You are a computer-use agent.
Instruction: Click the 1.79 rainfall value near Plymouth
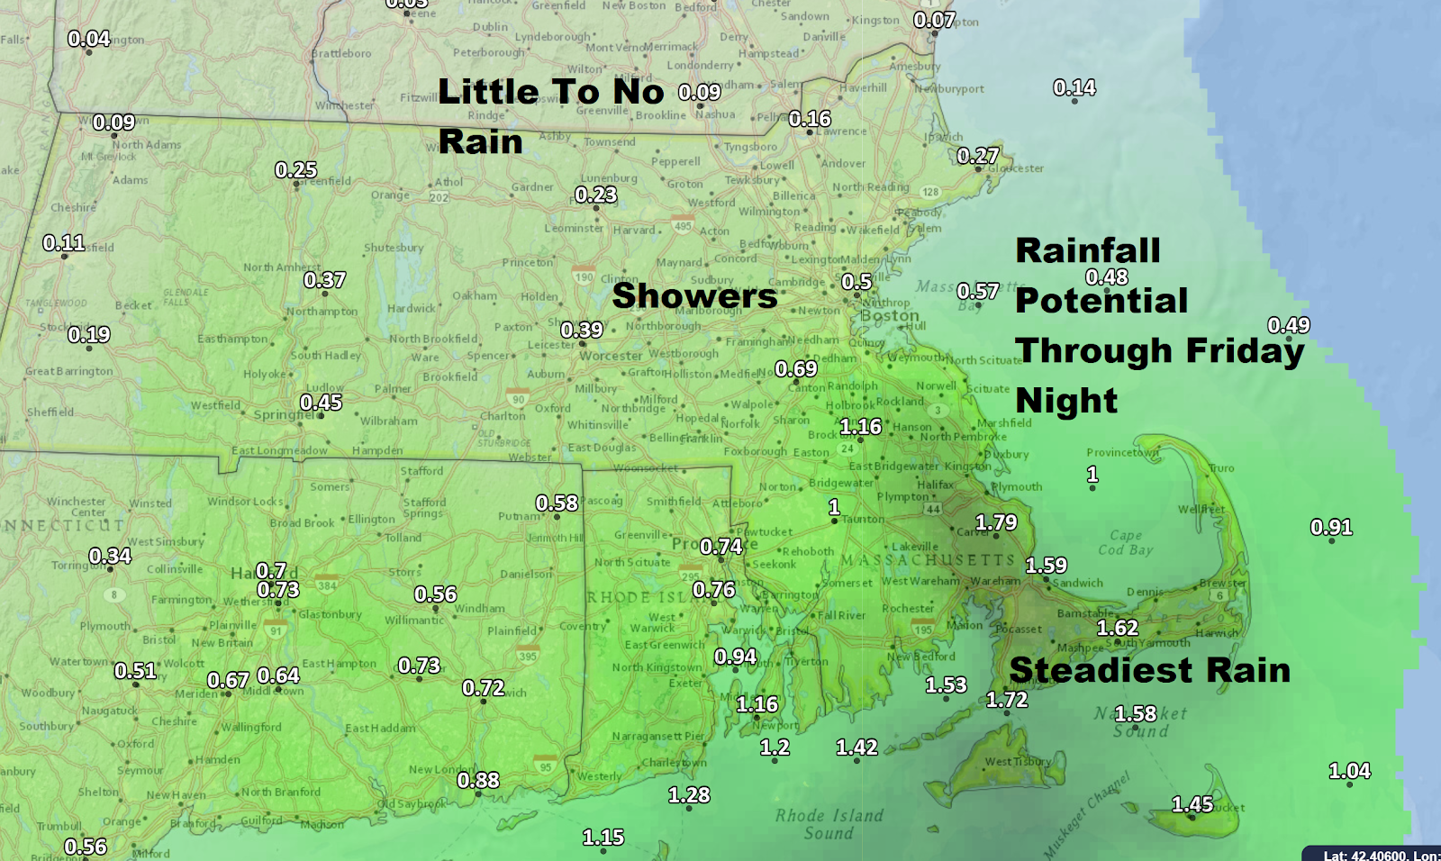996,522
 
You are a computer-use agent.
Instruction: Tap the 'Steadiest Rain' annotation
1150,670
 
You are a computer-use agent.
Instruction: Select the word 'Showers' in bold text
694,296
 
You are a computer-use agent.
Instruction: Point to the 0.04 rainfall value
89,39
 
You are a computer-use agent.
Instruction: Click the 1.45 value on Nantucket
1192,804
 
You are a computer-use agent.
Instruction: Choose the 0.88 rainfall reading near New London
478,780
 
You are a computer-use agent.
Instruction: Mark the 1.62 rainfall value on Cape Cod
1118,628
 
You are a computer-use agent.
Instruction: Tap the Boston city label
890,316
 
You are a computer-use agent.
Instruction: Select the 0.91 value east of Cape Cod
1331,527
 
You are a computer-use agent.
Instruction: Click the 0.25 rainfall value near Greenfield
296,170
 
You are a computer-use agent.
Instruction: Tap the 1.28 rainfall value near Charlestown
689,795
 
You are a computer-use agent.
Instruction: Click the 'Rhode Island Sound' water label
829,824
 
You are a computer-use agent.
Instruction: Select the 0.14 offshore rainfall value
1074,87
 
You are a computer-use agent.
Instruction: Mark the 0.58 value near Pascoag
557,503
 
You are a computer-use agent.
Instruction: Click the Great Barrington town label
69,371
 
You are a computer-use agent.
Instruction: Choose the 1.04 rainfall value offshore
1349,771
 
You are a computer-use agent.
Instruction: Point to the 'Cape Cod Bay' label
1125,542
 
